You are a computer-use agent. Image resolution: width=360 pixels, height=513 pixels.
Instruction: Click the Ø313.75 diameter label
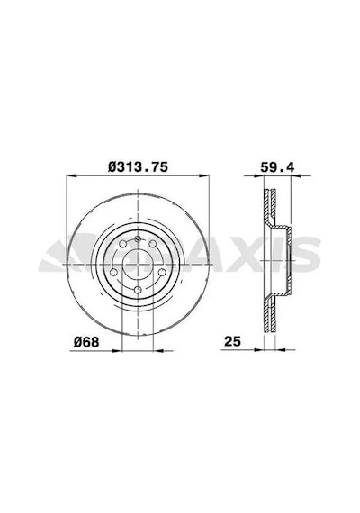[138, 167]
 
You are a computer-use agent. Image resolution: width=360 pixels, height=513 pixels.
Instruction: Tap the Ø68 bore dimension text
[86, 342]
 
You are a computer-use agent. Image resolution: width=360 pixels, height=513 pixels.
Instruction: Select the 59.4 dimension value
[277, 167]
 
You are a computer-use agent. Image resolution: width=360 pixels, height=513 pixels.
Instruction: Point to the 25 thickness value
[233, 342]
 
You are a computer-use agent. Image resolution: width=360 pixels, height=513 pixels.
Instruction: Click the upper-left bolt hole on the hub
[123, 244]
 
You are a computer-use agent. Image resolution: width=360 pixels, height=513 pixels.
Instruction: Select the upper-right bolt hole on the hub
[153, 244]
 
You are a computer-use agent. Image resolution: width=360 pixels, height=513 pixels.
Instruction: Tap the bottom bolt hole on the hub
[138, 290]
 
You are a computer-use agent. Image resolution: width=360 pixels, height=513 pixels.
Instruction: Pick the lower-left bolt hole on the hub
[113, 272]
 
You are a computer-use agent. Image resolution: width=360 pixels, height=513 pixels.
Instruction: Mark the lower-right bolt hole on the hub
[162, 272]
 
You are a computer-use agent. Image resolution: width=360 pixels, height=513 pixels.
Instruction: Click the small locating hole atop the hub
[138, 238]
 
